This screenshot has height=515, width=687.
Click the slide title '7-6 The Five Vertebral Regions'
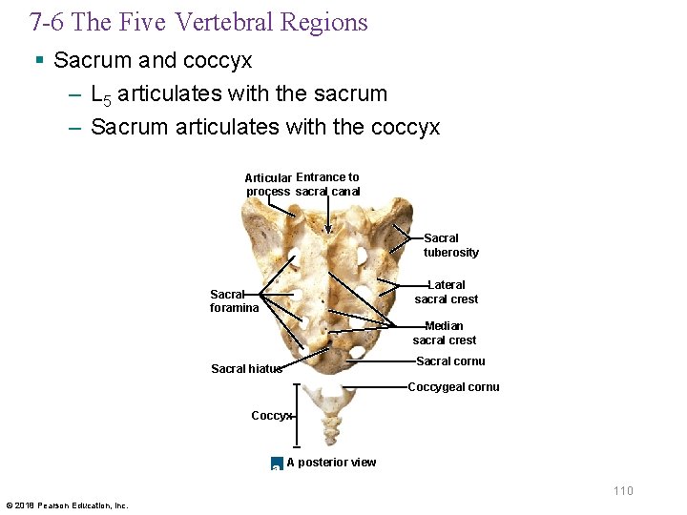(198, 23)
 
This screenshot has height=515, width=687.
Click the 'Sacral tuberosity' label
(450, 245)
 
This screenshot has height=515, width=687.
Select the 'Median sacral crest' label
(444, 333)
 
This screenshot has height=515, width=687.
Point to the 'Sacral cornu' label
(450, 361)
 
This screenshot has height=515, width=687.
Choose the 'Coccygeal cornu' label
(453, 387)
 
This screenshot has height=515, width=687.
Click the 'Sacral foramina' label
(234, 301)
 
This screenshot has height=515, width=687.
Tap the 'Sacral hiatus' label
(246, 369)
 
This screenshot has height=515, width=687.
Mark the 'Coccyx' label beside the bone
(271, 415)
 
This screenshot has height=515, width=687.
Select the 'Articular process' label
(268, 185)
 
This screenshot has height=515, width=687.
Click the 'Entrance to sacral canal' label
(327, 184)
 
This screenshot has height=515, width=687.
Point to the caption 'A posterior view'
(331, 463)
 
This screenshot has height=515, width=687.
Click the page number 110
(623, 490)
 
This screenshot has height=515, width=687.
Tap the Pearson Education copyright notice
(67, 505)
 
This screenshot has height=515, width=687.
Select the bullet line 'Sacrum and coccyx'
(153, 61)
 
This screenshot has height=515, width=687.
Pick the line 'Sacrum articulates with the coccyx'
(265, 127)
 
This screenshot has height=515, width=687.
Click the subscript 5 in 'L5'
(106, 99)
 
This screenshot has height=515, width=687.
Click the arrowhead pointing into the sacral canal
(329, 229)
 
